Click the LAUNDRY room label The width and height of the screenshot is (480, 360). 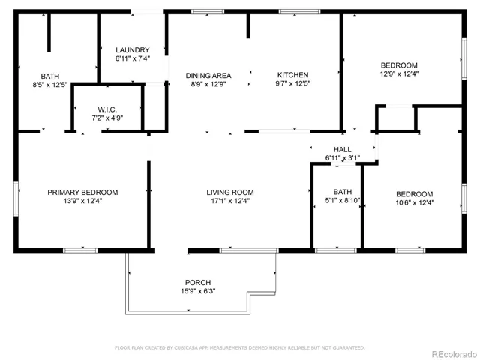tap(133, 50)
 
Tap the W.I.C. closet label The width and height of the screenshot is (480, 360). tap(107, 109)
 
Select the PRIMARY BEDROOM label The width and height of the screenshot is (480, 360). tap(82, 193)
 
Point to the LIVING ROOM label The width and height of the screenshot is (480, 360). tap(230, 193)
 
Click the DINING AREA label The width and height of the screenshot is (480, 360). tap(208, 76)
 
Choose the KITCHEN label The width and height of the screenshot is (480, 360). tap(293, 75)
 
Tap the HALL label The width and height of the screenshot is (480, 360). tap(342, 149)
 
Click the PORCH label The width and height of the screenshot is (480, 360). tap(198, 282)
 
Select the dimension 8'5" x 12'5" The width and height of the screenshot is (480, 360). tap(50, 85)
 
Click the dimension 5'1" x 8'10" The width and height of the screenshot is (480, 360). tap(343, 200)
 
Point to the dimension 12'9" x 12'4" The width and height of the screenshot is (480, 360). tap(399, 73)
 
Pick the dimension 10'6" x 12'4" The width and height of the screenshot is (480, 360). tap(415, 202)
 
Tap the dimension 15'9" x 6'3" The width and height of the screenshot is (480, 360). tap(198, 291)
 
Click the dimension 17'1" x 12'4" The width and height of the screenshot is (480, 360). tap(230, 201)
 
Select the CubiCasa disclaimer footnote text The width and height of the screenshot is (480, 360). tap(240, 347)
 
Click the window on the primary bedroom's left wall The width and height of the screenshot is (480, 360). tap(16, 199)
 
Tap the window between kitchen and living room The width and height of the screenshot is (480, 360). tap(284, 132)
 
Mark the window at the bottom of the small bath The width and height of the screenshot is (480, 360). tap(336, 250)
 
